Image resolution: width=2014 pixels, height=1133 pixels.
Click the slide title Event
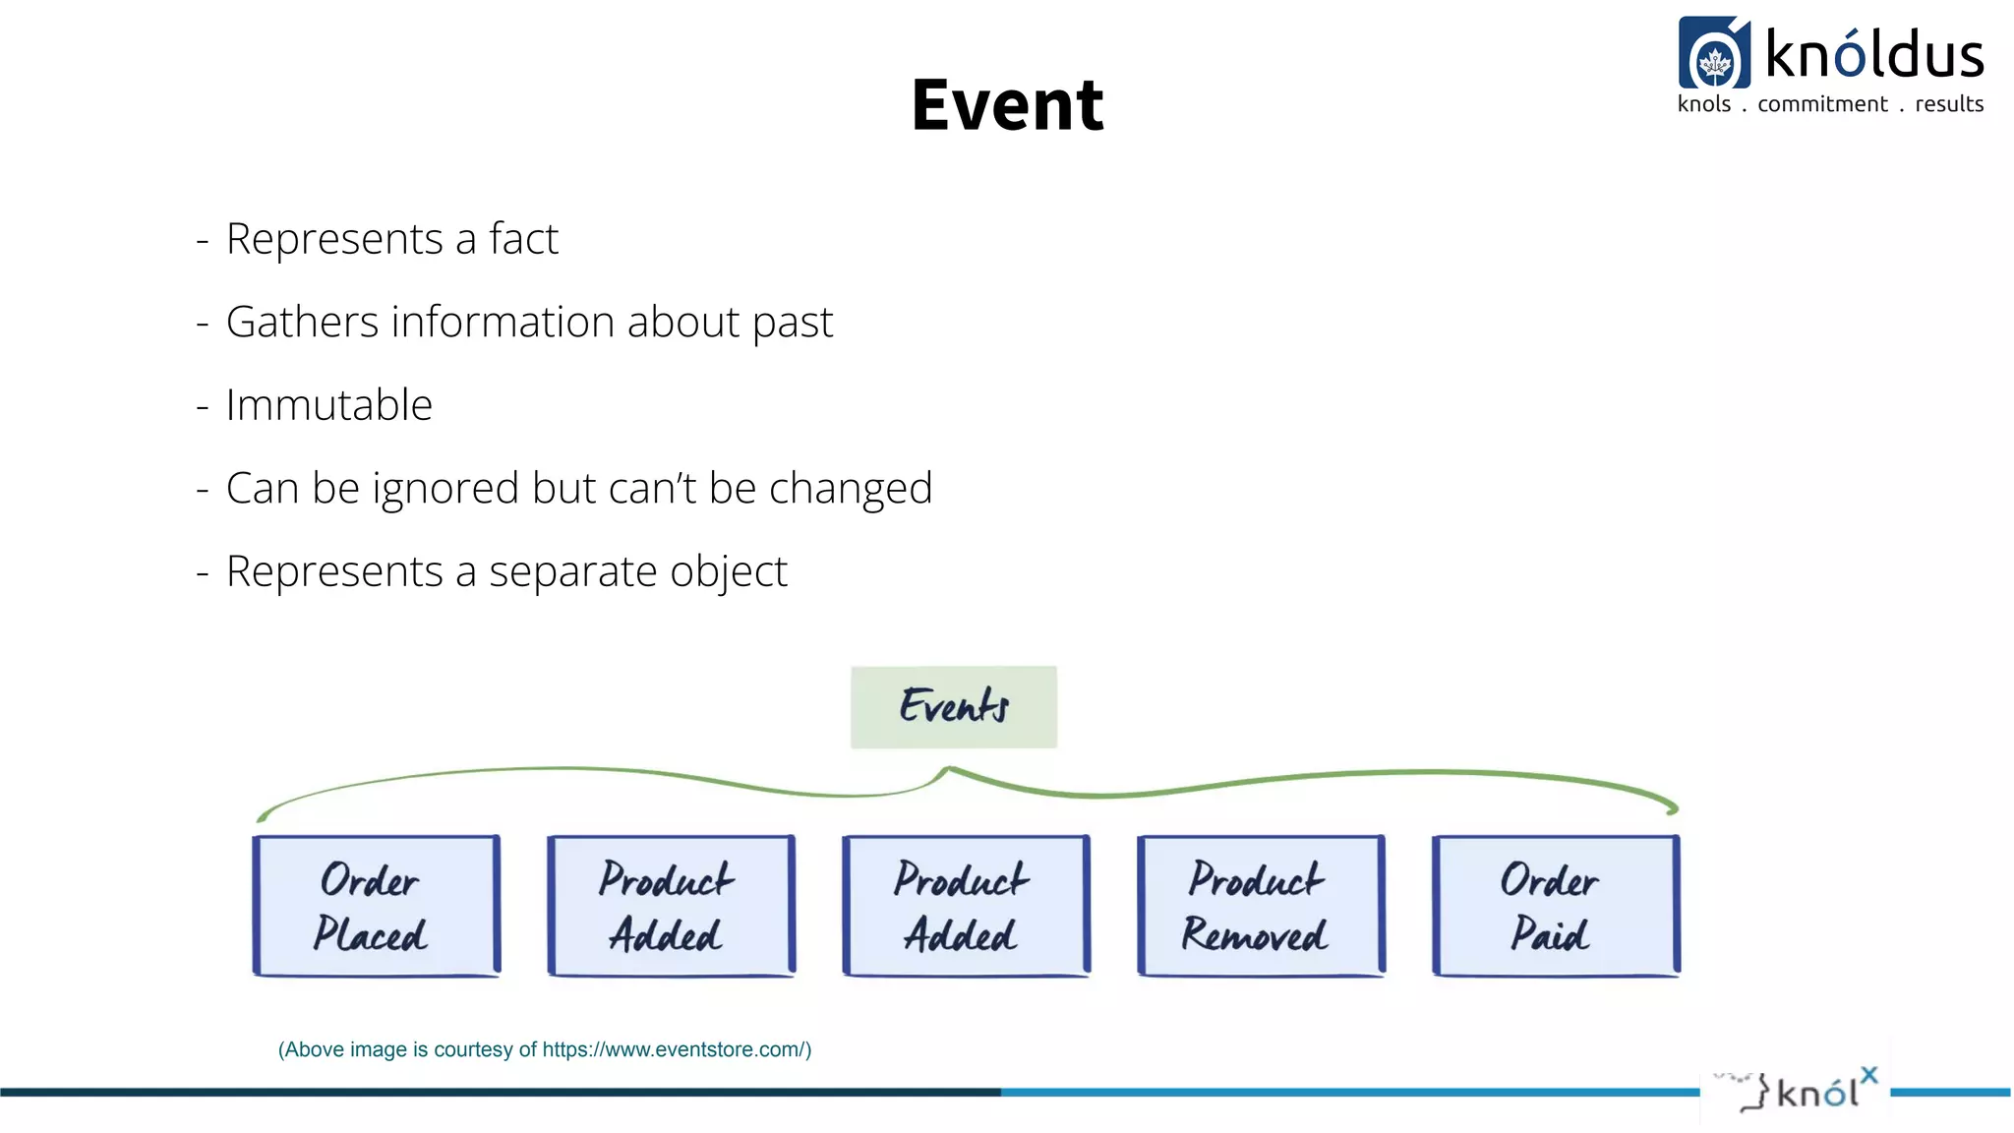[x=1007, y=105]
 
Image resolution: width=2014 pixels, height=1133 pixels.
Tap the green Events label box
[x=953, y=706]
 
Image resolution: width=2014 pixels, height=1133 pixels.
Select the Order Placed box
[x=376, y=906]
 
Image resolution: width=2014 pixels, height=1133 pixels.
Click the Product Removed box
[x=1261, y=906]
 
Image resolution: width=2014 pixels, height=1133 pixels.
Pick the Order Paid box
[x=1556, y=906]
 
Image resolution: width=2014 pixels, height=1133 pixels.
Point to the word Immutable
[x=328, y=405]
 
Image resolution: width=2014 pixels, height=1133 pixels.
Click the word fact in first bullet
[x=523, y=239]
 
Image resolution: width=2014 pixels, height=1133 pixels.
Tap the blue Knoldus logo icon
[x=1714, y=54]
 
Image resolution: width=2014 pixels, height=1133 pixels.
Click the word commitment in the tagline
[x=1822, y=104]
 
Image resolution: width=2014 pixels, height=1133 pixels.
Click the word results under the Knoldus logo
[x=1948, y=104]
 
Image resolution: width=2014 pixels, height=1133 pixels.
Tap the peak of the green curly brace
[x=947, y=769]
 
